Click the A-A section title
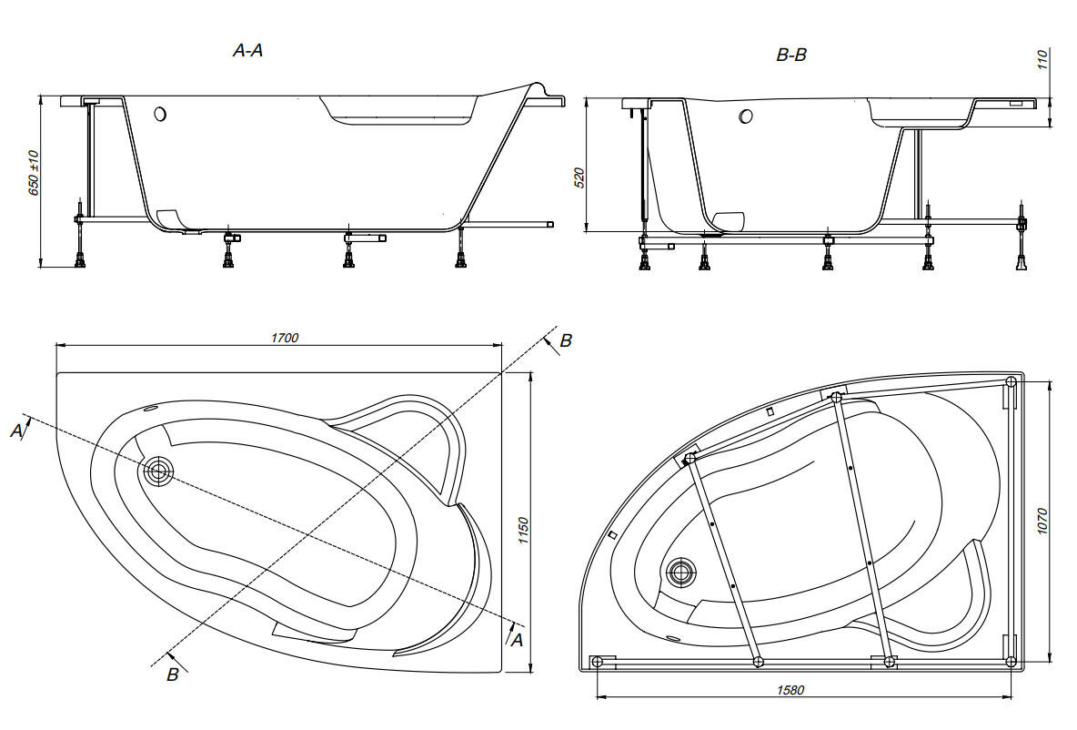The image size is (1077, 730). [248, 52]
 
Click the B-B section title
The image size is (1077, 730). [790, 56]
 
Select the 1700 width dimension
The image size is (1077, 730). [285, 338]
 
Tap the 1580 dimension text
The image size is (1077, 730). [790, 689]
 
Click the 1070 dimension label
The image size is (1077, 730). [1043, 522]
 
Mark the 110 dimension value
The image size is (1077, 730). [1043, 60]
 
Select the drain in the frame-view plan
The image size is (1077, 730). [679, 573]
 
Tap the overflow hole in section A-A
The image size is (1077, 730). [161, 115]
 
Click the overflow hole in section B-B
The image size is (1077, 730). [746, 117]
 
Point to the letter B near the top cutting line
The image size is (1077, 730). [566, 341]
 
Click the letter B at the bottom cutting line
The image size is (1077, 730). [172, 674]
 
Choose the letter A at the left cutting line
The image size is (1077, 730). [16, 431]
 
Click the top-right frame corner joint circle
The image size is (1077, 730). [1011, 382]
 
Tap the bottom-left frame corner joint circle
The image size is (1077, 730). [597, 662]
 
